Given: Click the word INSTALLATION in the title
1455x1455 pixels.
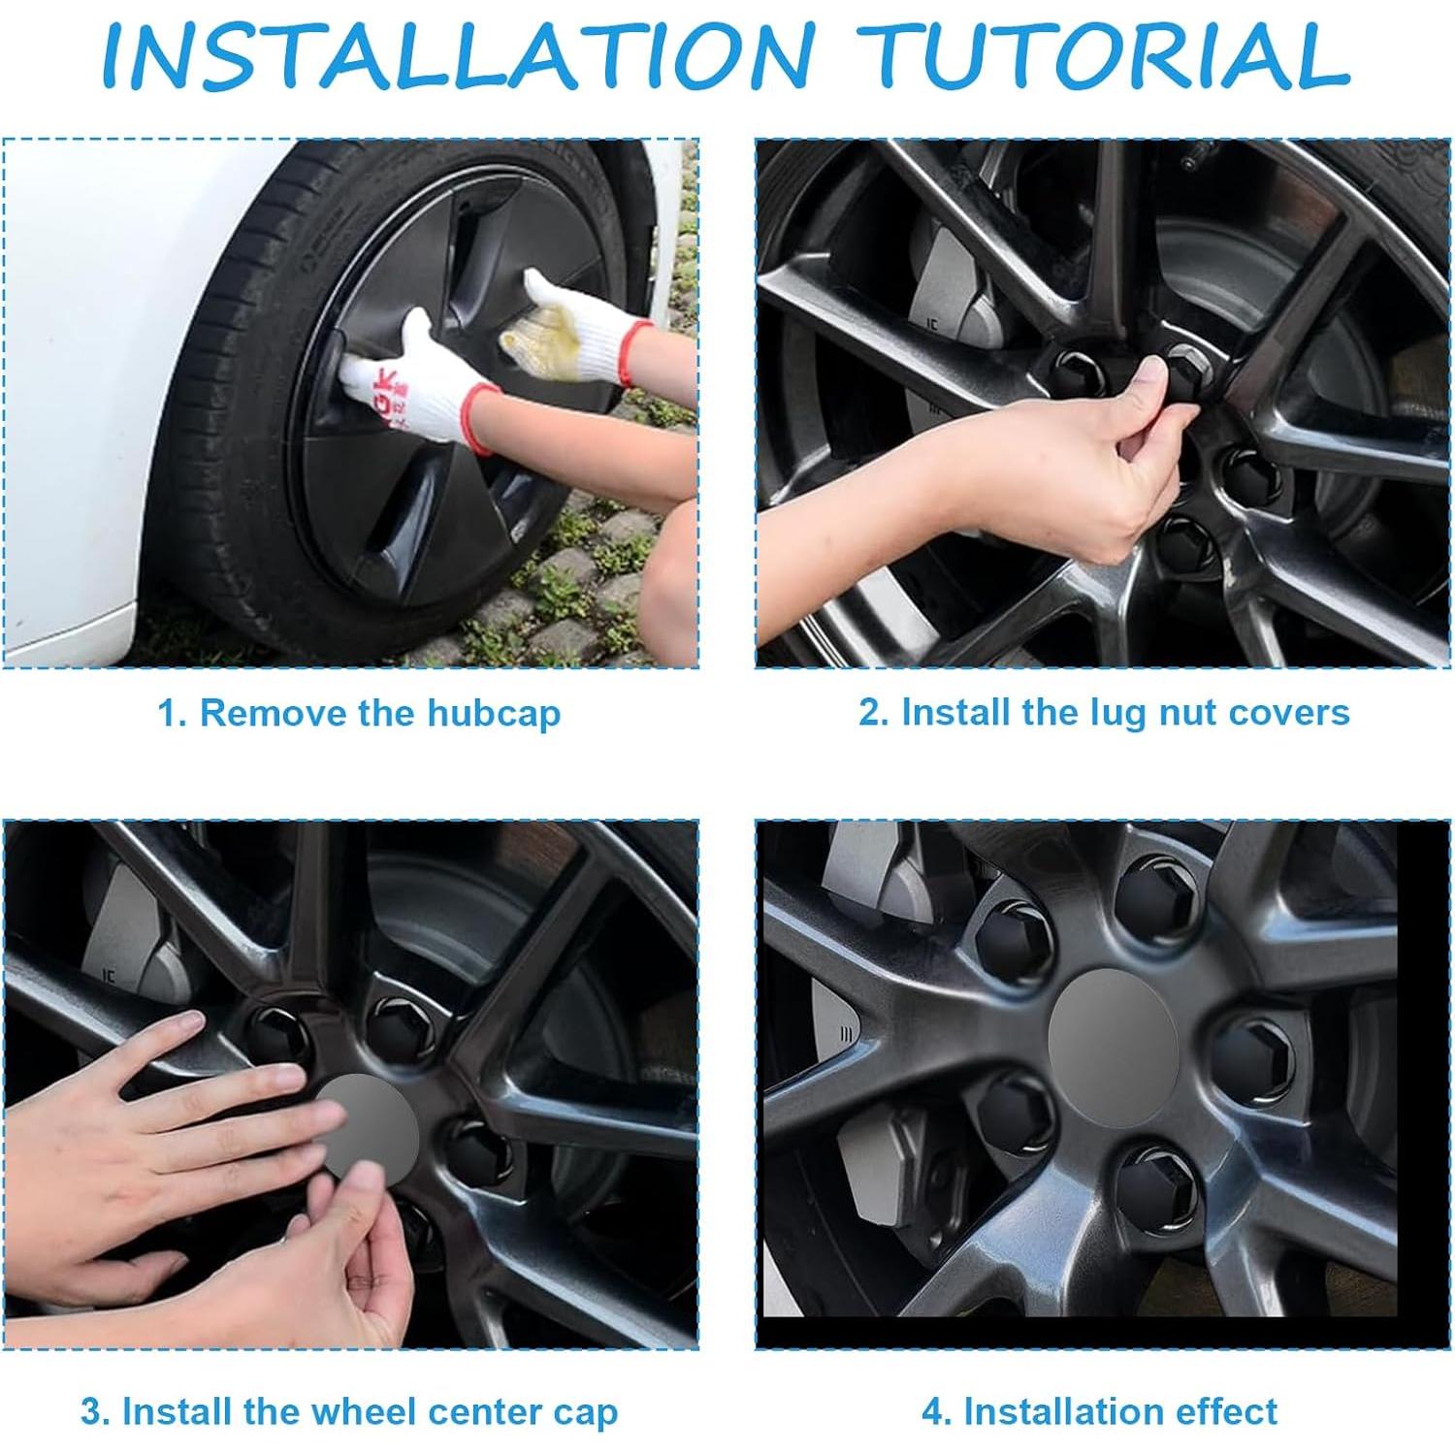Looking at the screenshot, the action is coord(457,55).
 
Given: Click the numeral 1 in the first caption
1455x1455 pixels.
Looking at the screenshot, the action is coord(167,714).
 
